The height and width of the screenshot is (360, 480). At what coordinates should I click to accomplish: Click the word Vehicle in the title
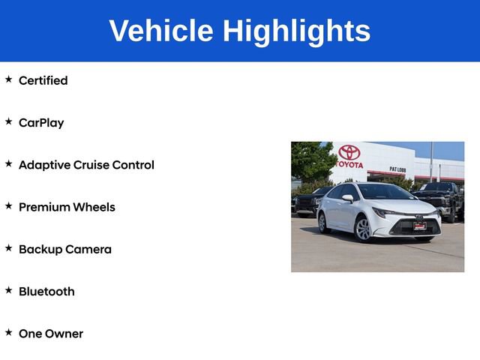160,31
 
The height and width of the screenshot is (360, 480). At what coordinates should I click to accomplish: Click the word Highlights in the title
296,31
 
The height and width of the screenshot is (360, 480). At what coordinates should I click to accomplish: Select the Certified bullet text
43,80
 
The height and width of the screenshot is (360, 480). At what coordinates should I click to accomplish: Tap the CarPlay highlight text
41,123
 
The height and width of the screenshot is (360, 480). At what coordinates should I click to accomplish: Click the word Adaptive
44,165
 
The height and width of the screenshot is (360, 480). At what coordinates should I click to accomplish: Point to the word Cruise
91,165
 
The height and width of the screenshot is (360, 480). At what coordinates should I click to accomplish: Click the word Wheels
94,207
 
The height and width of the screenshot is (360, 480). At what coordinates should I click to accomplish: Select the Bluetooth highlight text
46,292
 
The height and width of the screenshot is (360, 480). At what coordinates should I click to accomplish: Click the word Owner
64,334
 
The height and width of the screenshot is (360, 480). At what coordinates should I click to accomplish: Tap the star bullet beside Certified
8,79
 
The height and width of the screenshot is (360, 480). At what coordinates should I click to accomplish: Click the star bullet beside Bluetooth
8,289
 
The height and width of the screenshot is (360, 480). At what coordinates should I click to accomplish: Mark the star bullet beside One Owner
8,331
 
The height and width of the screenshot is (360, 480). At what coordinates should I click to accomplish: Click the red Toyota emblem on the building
349,152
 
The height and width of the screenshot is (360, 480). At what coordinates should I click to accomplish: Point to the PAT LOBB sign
398,169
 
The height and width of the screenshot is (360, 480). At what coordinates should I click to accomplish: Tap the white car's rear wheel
323,222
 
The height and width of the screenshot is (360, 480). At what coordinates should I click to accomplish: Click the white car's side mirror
347,199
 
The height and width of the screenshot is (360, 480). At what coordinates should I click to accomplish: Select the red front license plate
420,225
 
